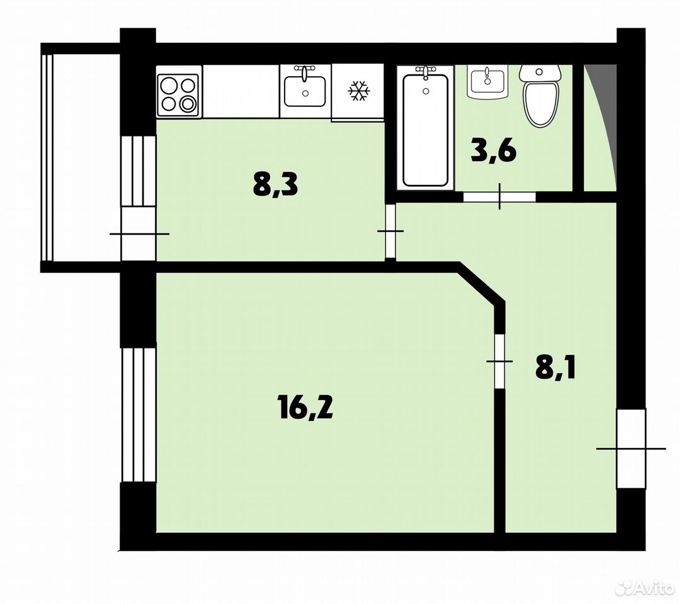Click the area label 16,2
coord(305,408)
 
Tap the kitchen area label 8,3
coord(275,184)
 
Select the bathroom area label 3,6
coord(494,151)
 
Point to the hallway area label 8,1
coord(555,369)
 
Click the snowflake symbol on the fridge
coord(359,91)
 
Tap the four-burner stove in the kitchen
coord(179,91)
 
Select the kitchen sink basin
coord(305,91)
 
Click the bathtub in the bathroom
coord(425,128)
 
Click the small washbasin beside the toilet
coord(487,82)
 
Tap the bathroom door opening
coord(499,196)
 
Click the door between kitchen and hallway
coord(390,231)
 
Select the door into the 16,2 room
coord(500,362)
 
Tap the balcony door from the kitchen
coord(139,234)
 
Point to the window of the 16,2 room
coord(139,415)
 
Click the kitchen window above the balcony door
coord(139,171)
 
